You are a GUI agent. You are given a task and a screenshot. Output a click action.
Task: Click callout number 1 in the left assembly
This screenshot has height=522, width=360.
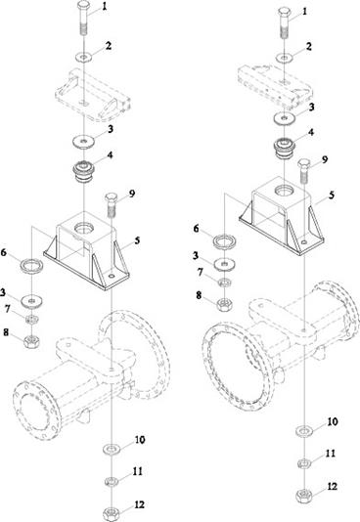[105, 7]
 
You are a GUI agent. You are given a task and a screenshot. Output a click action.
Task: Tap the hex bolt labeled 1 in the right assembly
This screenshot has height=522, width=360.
[284, 22]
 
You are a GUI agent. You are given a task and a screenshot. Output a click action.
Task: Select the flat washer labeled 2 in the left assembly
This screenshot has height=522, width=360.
[83, 57]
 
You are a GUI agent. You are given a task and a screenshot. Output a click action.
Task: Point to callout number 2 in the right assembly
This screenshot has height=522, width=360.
[309, 46]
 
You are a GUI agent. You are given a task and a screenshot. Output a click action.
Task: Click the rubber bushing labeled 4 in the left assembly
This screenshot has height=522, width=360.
[83, 171]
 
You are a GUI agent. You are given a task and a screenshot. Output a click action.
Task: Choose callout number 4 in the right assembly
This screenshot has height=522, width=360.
[311, 132]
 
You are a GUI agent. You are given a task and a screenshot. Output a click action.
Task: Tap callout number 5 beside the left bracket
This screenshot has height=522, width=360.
[137, 240]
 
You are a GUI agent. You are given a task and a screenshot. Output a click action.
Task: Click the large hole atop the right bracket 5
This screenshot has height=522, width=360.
[284, 191]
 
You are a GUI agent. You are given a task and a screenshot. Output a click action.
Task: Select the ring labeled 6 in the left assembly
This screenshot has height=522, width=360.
[32, 266]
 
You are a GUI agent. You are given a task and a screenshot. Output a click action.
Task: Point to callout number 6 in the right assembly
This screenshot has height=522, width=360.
[196, 229]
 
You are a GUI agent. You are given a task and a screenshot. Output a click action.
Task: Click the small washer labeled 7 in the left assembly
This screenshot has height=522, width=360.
[32, 320]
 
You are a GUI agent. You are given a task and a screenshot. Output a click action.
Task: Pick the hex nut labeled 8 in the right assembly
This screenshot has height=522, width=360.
[224, 304]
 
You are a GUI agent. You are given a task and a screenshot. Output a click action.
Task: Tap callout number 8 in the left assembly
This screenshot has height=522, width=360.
[6, 332]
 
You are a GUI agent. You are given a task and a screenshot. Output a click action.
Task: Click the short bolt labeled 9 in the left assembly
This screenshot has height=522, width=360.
[111, 203]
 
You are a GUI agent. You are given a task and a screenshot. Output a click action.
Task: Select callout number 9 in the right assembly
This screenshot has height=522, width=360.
[325, 159]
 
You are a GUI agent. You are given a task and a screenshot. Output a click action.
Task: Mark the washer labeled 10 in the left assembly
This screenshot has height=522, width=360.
[111, 449]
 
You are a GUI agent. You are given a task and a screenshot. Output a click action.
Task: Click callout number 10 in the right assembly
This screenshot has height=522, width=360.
[333, 421]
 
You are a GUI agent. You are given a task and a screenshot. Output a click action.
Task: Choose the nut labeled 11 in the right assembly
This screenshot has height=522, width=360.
[304, 463]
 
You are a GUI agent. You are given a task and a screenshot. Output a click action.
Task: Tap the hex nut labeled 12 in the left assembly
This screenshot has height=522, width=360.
[111, 514]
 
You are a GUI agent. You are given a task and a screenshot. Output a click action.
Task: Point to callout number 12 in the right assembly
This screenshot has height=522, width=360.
[333, 487]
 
